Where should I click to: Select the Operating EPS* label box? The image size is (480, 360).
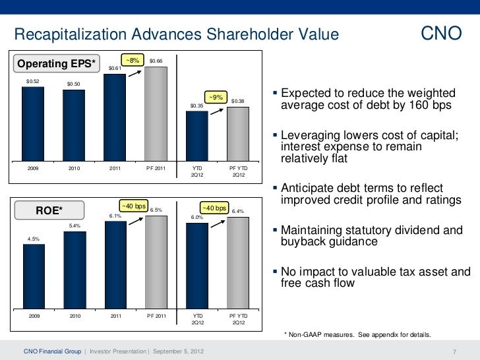56,64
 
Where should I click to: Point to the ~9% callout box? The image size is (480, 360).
216,97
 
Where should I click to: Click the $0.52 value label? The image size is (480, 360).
32,81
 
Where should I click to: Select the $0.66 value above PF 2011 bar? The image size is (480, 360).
156,61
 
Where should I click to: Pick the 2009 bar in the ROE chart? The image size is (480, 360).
33,276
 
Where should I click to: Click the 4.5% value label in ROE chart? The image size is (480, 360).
33,239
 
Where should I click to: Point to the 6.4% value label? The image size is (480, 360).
238,212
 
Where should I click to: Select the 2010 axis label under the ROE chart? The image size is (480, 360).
74,316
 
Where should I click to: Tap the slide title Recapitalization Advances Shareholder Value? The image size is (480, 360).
176,34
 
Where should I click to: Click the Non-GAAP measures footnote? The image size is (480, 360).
357,335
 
